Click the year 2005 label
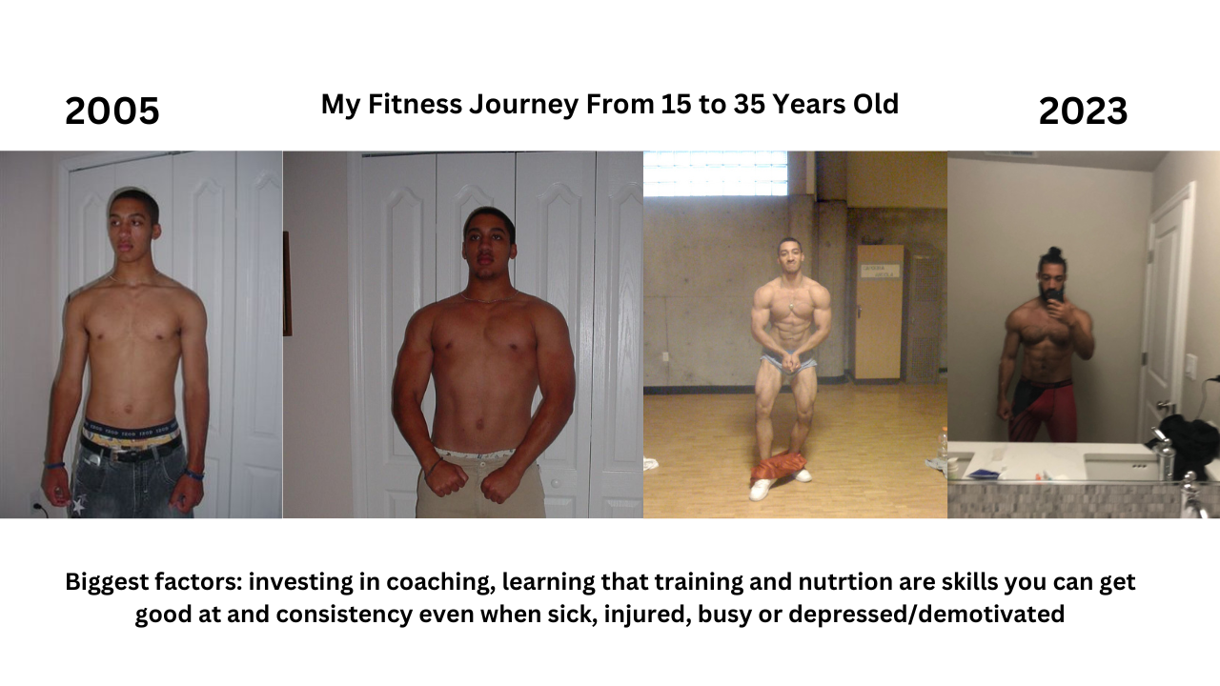click(x=112, y=111)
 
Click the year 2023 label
click(x=1083, y=111)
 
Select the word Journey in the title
click(x=523, y=105)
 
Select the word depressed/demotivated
click(x=925, y=615)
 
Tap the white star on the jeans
click(x=79, y=505)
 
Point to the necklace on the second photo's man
click(x=489, y=297)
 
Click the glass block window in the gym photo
click(x=715, y=173)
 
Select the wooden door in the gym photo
click(x=879, y=312)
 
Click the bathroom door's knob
click(x=1160, y=405)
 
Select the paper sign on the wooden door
click(x=877, y=271)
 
